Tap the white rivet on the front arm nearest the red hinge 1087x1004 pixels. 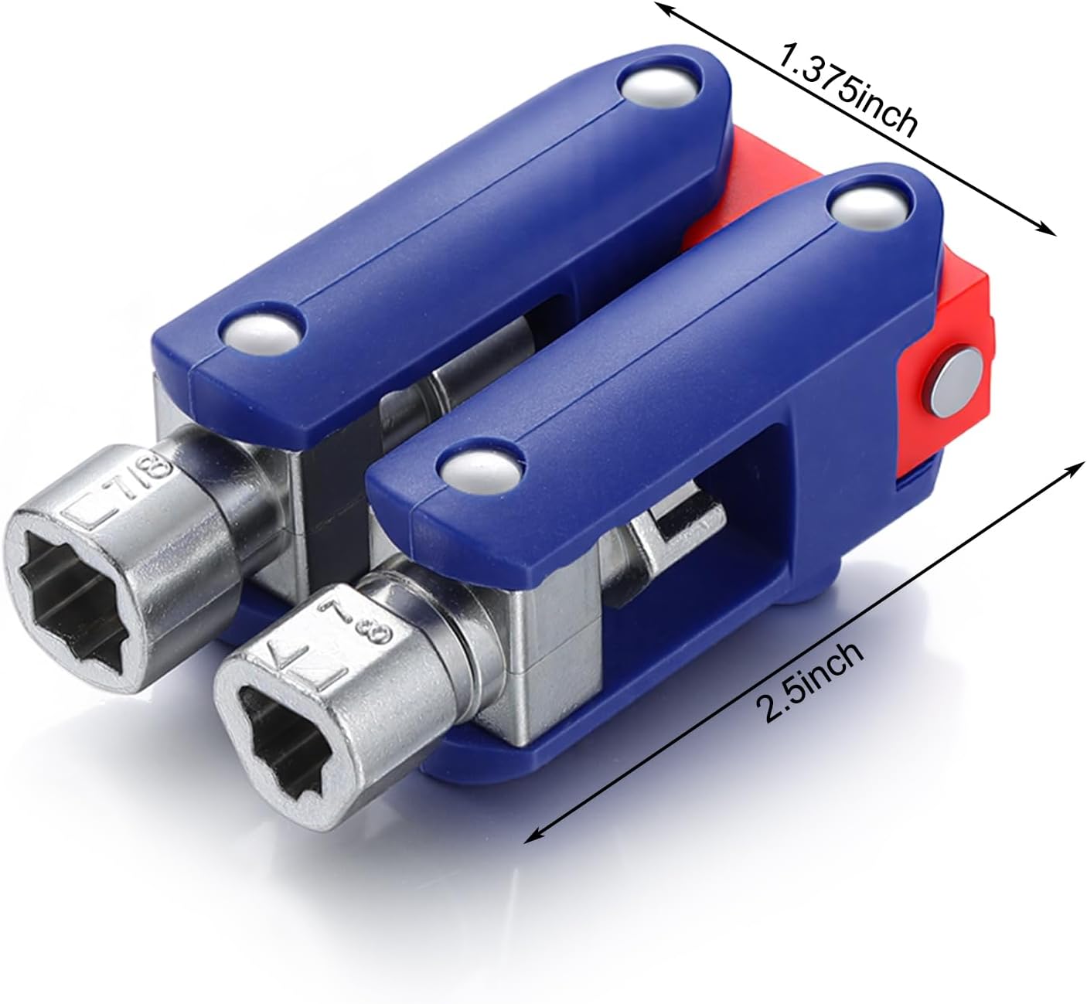coord(871,206)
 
